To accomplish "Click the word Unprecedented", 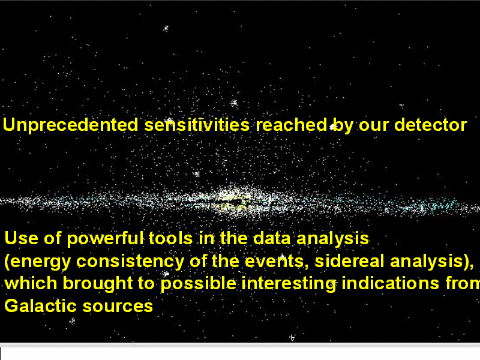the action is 70,125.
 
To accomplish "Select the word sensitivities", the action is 197,125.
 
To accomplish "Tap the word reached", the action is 292,125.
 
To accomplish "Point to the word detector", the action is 430,125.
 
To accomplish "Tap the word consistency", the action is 130,262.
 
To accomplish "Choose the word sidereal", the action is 349,261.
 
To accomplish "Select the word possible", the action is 199,284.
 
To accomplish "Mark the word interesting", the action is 289,283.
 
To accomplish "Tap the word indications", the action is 391,283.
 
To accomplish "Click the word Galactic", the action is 40,306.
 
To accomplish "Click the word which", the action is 31,283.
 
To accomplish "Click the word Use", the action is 21,238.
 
